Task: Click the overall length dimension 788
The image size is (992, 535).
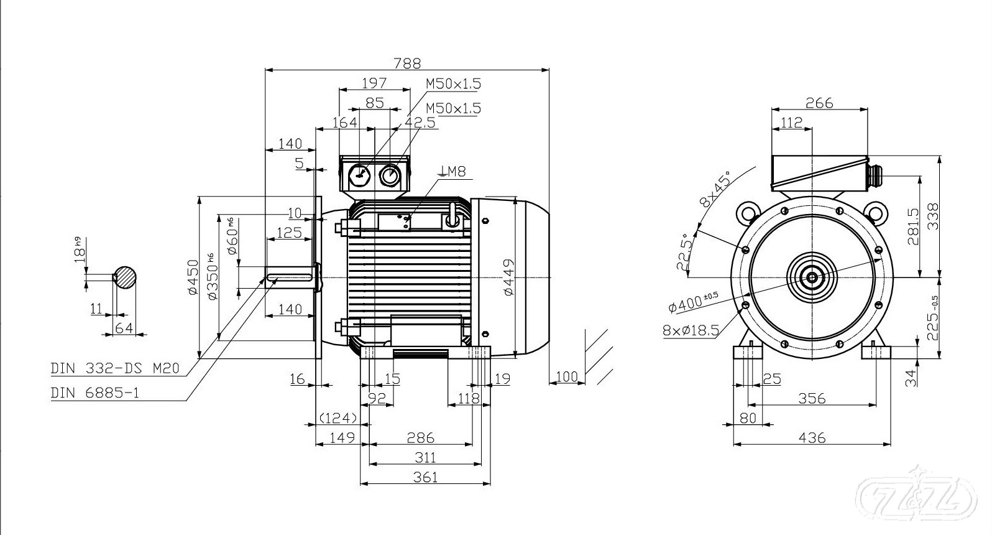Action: tap(407, 63)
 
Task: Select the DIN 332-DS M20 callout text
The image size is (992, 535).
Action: tap(115, 369)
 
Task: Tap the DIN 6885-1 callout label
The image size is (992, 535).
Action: tap(95, 393)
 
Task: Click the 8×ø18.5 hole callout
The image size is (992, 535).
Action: tap(690, 330)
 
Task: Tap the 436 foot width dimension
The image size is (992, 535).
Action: tap(812, 438)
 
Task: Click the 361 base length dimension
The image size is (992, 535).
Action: tap(425, 477)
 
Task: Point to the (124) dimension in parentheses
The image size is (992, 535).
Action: tap(338, 417)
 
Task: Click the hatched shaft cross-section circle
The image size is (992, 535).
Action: tap(125, 277)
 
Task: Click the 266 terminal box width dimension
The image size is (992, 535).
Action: tap(819, 103)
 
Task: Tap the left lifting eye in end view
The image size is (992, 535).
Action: tap(746, 212)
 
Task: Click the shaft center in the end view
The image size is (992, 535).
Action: tap(812, 277)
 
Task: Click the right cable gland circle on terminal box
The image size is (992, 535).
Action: tap(390, 176)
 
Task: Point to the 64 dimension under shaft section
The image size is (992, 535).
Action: tap(124, 327)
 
